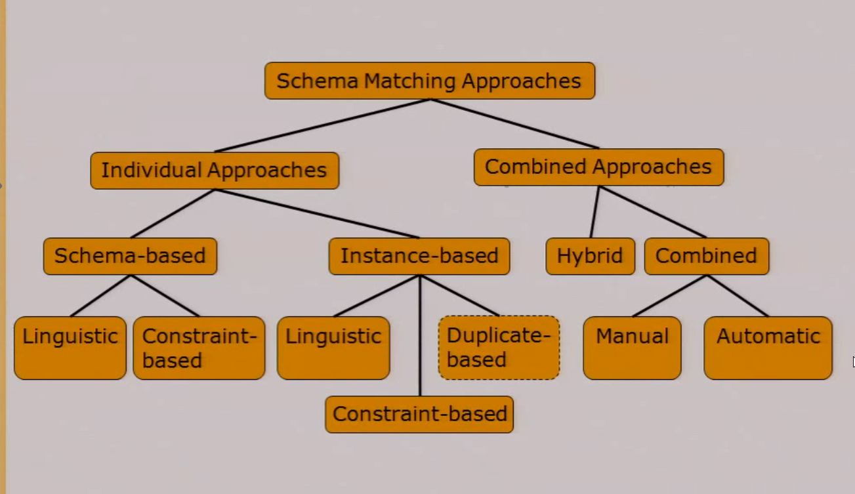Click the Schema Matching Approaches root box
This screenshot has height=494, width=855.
point(430,81)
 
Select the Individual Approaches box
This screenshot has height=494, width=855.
point(215,171)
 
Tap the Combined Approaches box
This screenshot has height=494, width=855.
point(598,167)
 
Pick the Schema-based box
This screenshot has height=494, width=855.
point(130,256)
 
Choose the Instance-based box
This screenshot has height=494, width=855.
point(419,256)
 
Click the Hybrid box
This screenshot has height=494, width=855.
point(590,256)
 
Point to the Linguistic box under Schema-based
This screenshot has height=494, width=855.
point(70,348)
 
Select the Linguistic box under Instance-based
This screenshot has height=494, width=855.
point(333,348)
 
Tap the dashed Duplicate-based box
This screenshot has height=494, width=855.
point(499,348)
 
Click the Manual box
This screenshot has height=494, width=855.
point(632,348)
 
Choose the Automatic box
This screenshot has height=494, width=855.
point(768,348)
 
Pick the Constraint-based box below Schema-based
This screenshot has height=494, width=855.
point(199,348)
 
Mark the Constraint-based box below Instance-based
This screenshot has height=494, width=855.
point(419,414)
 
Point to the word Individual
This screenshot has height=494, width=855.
point(152,171)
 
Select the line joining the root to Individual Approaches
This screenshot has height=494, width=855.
point(322,125)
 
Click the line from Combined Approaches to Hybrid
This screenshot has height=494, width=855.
point(594,212)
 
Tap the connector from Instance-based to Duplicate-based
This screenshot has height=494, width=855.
point(459,295)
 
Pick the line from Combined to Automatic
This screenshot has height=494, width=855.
point(737,295)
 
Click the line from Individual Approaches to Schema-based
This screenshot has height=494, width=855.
point(173,213)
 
